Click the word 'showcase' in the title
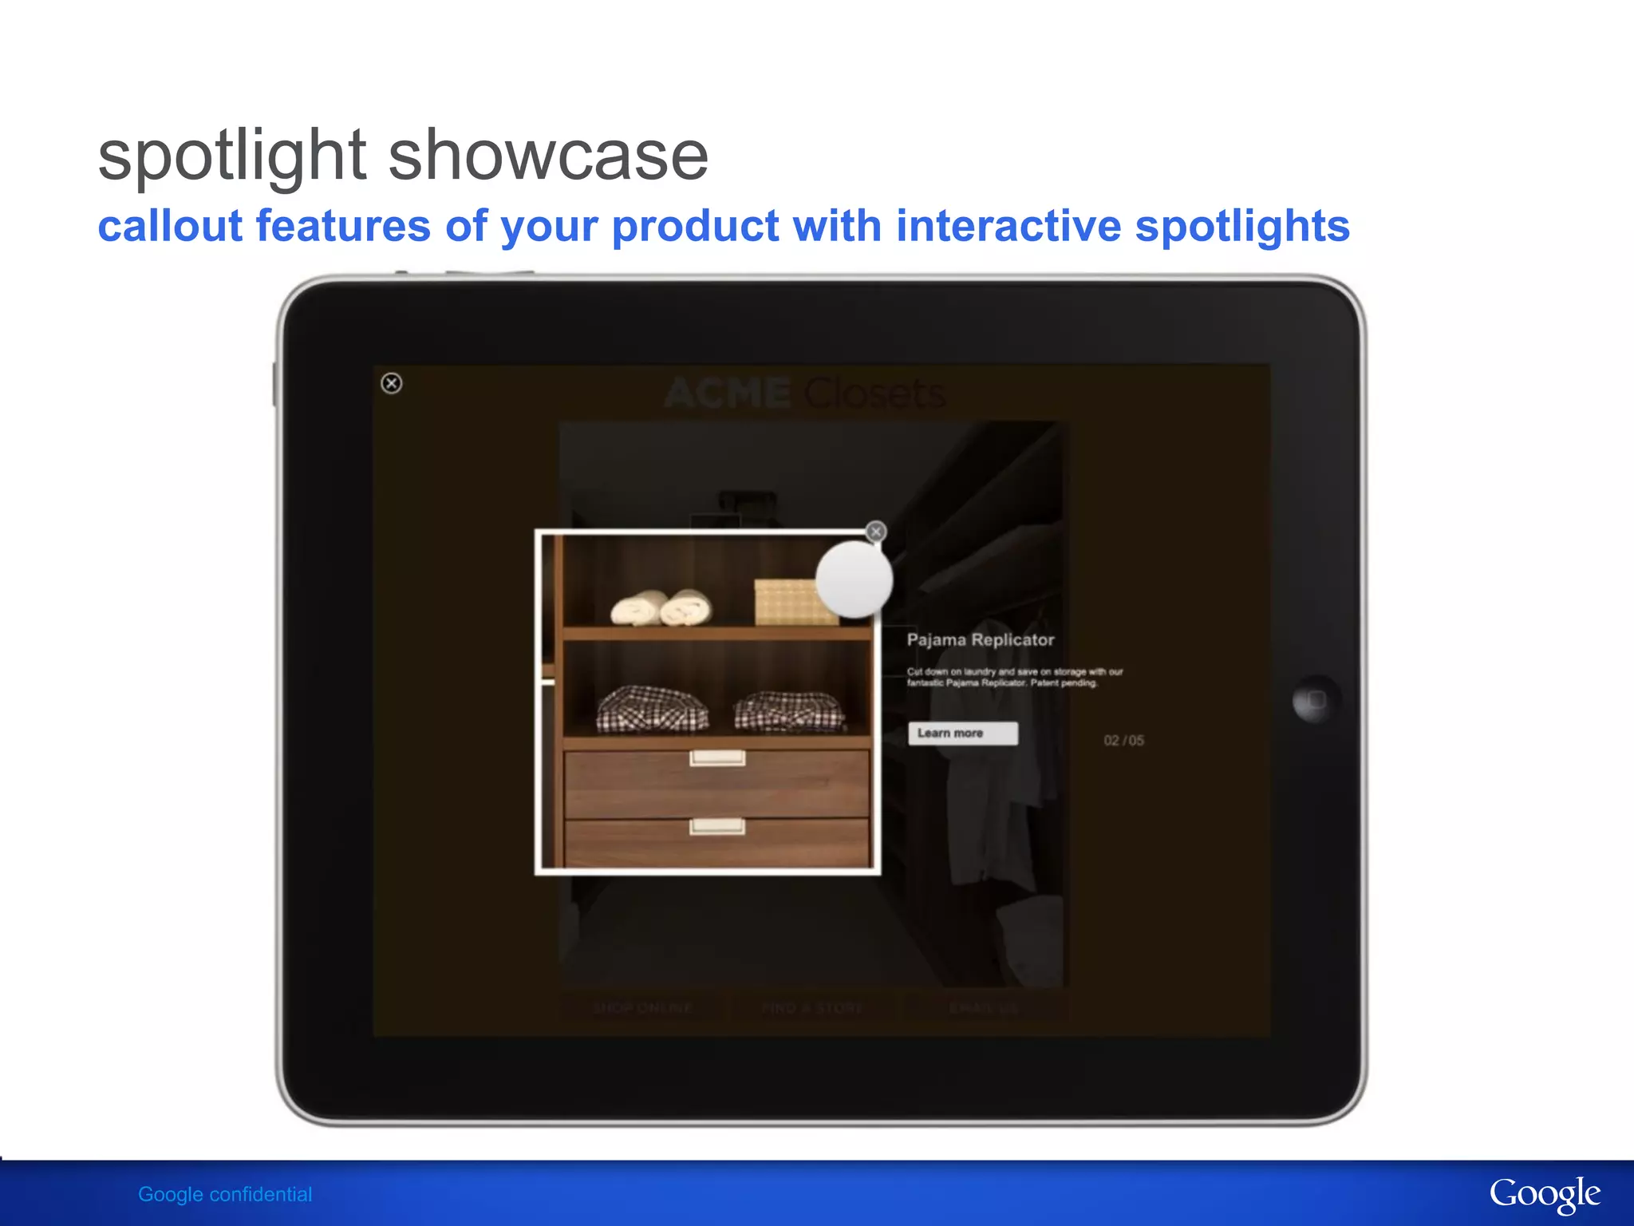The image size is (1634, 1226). pos(548,156)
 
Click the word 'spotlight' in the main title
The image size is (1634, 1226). pos(231,156)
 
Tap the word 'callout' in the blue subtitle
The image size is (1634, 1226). pos(170,226)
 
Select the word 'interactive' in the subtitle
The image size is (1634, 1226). pos(1008,226)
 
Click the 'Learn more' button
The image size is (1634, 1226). pos(962,734)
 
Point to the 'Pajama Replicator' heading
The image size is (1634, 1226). pos(980,640)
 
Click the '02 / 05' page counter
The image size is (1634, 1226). pos(1123,741)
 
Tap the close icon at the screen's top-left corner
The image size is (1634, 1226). pos(391,383)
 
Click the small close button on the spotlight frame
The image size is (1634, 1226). pos(875,532)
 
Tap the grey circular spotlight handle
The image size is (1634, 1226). pos(854,580)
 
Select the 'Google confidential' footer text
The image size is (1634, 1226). pos(225,1194)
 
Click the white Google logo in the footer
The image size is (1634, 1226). pos(1544,1194)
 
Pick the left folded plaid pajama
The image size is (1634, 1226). pos(652,709)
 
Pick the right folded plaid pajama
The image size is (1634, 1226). pos(789,710)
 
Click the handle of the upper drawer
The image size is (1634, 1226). pos(717,757)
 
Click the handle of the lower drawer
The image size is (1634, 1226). pos(717,826)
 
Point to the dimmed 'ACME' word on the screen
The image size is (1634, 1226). pos(727,394)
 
